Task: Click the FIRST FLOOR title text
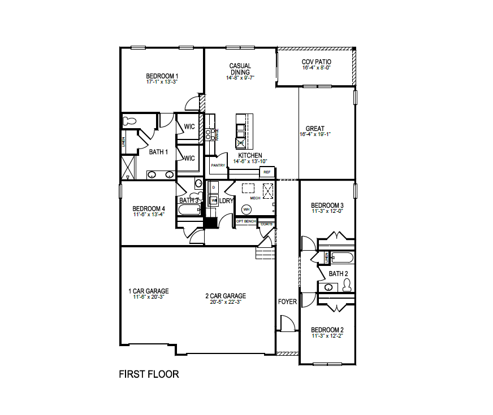pos(149,374)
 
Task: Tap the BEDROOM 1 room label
pos(162,76)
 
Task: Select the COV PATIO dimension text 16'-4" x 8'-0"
pos(316,68)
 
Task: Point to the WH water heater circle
pos(246,209)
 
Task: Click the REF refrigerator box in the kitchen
pos(267,172)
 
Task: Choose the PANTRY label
pos(218,165)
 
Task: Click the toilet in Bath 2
pos(346,286)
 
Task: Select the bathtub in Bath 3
pos(189,210)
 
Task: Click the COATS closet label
pos(266,224)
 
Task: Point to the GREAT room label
pos(315,129)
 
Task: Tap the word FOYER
pos(287,302)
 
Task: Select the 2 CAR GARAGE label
pos(226,296)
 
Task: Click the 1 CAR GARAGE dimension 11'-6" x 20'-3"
pos(148,297)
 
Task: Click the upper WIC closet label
pos(189,126)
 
